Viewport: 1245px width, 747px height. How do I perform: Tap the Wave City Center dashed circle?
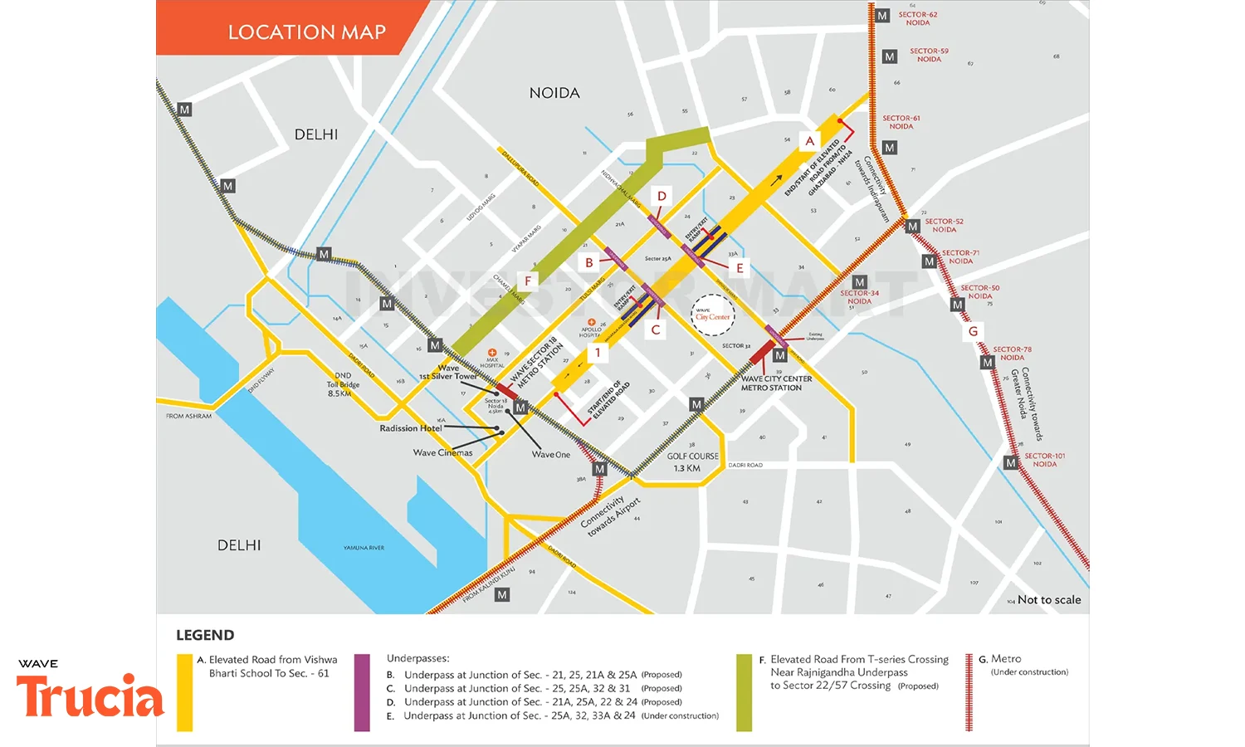point(713,315)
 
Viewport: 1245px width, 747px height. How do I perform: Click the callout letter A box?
point(809,141)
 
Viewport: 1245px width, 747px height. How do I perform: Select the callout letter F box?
point(528,281)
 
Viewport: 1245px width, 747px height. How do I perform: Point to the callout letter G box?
point(973,331)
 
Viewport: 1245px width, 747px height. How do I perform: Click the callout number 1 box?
point(598,353)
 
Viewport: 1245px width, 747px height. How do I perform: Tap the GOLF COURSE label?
point(692,461)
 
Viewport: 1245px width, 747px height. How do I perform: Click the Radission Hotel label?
point(411,428)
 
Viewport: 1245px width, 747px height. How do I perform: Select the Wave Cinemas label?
point(442,452)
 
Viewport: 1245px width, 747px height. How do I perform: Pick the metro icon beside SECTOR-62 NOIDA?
point(882,16)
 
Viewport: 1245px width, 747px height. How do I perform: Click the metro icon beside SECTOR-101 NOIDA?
point(1011,462)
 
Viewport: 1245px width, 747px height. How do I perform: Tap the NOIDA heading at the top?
point(554,93)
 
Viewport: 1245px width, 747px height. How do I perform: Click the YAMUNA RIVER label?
point(364,548)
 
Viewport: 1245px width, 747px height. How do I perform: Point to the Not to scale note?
point(1049,599)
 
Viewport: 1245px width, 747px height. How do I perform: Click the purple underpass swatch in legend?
point(362,692)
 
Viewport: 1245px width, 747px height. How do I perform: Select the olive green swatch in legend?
point(744,692)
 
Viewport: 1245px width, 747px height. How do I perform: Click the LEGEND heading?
point(205,635)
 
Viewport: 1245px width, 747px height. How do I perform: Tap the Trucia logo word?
point(90,696)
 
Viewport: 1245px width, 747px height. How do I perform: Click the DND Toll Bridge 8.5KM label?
point(343,384)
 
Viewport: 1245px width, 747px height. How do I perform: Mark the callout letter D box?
point(662,197)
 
